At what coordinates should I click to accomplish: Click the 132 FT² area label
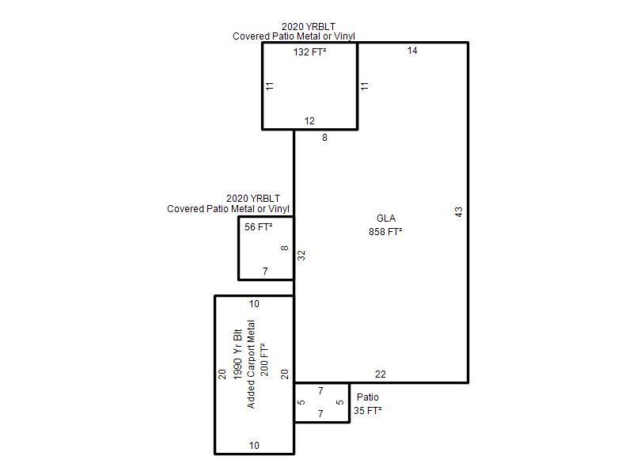click(x=309, y=52)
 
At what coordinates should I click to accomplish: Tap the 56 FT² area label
click(x=259, y=227)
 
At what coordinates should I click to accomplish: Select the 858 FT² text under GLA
click(x=385, y=232)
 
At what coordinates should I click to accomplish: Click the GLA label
click(x=386, y=218)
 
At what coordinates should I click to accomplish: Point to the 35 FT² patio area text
click(x=368, y=411)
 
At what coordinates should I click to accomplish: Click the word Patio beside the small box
click(x=368, y=397)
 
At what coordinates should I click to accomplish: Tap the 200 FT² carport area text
click(x=264, y=360)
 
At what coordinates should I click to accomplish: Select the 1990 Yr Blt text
click(x=238, y=354)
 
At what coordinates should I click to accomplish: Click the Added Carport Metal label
click(x=251, y=364)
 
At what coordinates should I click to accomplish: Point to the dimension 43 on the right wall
click(x=459, y=212)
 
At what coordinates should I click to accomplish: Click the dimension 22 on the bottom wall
click(x=381, y=374)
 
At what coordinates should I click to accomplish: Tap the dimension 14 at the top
click(x=412, y=51)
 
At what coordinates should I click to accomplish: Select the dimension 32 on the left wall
click(x=301, y=256)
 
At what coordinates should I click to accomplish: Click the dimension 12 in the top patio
click(x=309, y=121)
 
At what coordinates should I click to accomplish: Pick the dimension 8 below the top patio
click(x=324, y=138)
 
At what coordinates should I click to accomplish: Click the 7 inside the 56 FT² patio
click(x=265, y=271)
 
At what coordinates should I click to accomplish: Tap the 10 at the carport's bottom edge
click(x=254, y=446)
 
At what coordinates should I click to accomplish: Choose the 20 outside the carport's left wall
click(x=222, y=374)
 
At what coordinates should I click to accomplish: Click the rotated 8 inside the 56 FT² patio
click(x=285, y=248)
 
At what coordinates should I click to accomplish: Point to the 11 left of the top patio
click(x=270, y=86)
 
